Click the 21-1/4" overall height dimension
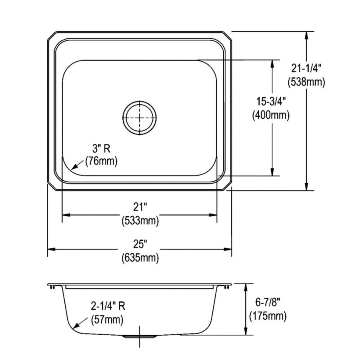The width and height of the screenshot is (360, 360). point(306,68)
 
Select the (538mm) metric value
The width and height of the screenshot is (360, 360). point(306,82)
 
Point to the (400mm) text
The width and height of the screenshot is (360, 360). point(271,115)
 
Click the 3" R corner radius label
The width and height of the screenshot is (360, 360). point(101,149)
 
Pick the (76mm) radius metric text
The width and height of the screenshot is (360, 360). point(101,162)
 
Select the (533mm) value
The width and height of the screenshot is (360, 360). point(140,220)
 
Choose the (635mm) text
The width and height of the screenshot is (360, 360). point(140,258)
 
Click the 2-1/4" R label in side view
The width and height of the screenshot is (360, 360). point(107,306)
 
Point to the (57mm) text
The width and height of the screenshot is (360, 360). point(107,319)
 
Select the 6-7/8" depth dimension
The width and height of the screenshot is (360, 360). point(267,303)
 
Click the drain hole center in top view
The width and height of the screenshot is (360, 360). point(139,116)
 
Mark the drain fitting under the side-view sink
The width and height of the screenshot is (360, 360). point(139,337)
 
